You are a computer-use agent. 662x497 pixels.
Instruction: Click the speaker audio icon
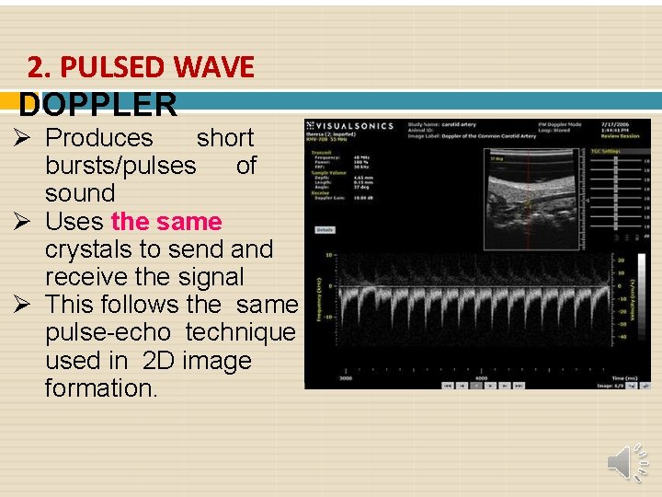(x=628, y=461)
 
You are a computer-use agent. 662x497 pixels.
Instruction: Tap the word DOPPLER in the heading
(x=98, y=105)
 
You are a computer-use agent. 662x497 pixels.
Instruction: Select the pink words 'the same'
(x=165, y=222)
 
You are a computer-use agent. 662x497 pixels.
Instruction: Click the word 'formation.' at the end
(x=101, y=388)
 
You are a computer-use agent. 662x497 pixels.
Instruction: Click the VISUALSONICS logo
(x=350, y=126)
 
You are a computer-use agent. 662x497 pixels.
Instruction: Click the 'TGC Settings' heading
(x=605, y=151)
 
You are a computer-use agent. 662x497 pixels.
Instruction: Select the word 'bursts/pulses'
(x=120, y=167)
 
